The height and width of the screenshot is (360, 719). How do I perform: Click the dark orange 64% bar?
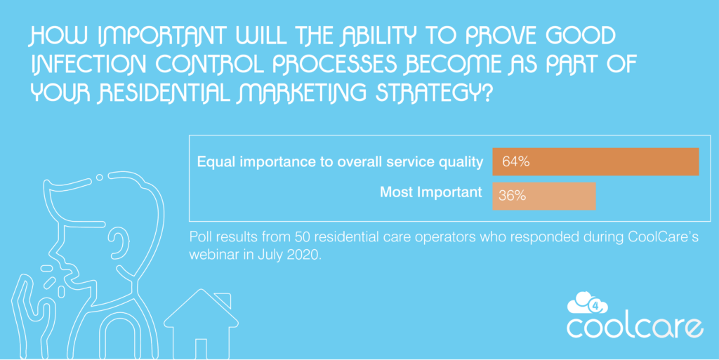[595, 161]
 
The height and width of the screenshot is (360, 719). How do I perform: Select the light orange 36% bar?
[544, 196]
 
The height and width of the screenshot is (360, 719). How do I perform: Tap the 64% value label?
[515, 161]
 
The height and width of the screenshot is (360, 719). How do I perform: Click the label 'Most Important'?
[431, 192]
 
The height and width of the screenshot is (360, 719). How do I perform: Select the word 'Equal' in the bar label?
[213, 162]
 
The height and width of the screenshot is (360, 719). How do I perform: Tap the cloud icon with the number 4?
[587, 303]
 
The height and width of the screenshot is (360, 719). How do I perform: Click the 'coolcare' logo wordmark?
[635, 328]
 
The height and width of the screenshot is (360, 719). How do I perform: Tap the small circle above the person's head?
[99, 178]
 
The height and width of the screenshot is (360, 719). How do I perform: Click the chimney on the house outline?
[224, 300]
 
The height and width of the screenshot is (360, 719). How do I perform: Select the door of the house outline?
[201, 349]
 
